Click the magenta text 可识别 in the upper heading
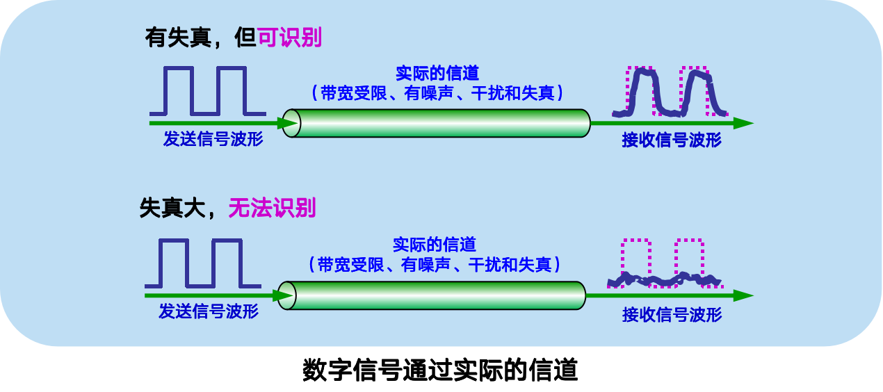click(x=290, y=37)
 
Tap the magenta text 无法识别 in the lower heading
click(x=272, y=208)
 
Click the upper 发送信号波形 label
click(x=213, y=138)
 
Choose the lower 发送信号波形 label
click(x=208, y=311)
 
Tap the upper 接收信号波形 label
click(x=671, y=140)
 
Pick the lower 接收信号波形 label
click(x=672, y=315)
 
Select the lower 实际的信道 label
click(x=434, y=245)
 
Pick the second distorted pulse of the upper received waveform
click(x=695, y=91)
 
